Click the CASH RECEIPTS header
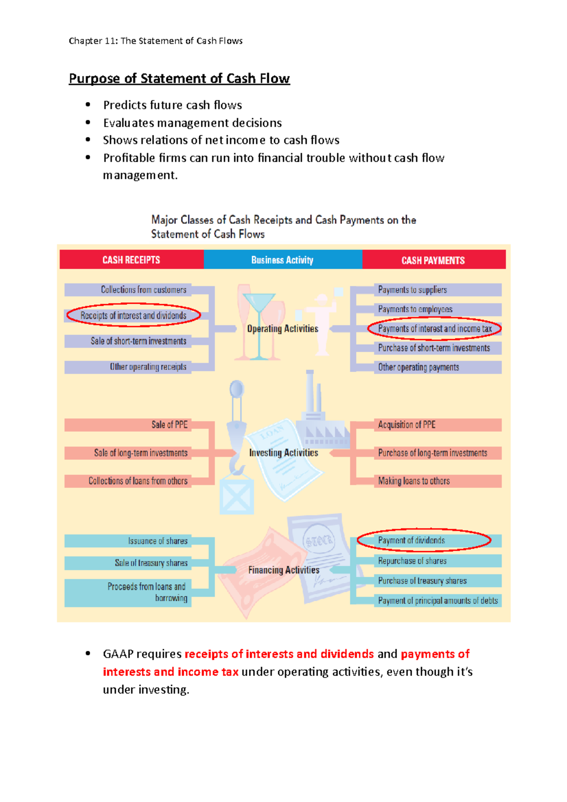pyautogui.click(x=131, y=260)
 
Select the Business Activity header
pyautogui.click(x=282, y=260)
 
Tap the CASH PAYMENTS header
pyautogui.click(x=433, y=260)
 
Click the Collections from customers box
pyautogui.click(x=143, y=290)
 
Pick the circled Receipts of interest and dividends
pyautogui.click(x=133, y=316)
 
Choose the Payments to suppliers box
pyautogui.click(x=412, y=290)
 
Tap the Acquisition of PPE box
pyautogui.click(x=406, y=425)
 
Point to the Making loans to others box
pyautogui.click(x=413, y=481)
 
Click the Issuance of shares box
pyautogui.click(x=157, y=541)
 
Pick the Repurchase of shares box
pyautogui.click(x=412, y=561)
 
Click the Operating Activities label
pyautogui.click(x=283, y=329)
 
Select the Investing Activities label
pyautogui.click(x=283, y=452)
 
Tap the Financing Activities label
pyautogui.click(x=283, y=570)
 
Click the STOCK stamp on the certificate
pyautogui.click(x=319, y=540)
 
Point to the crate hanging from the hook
pyautogui.click(x=237, y=495)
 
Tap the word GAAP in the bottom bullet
pyautogui.click(x=118, y=654)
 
